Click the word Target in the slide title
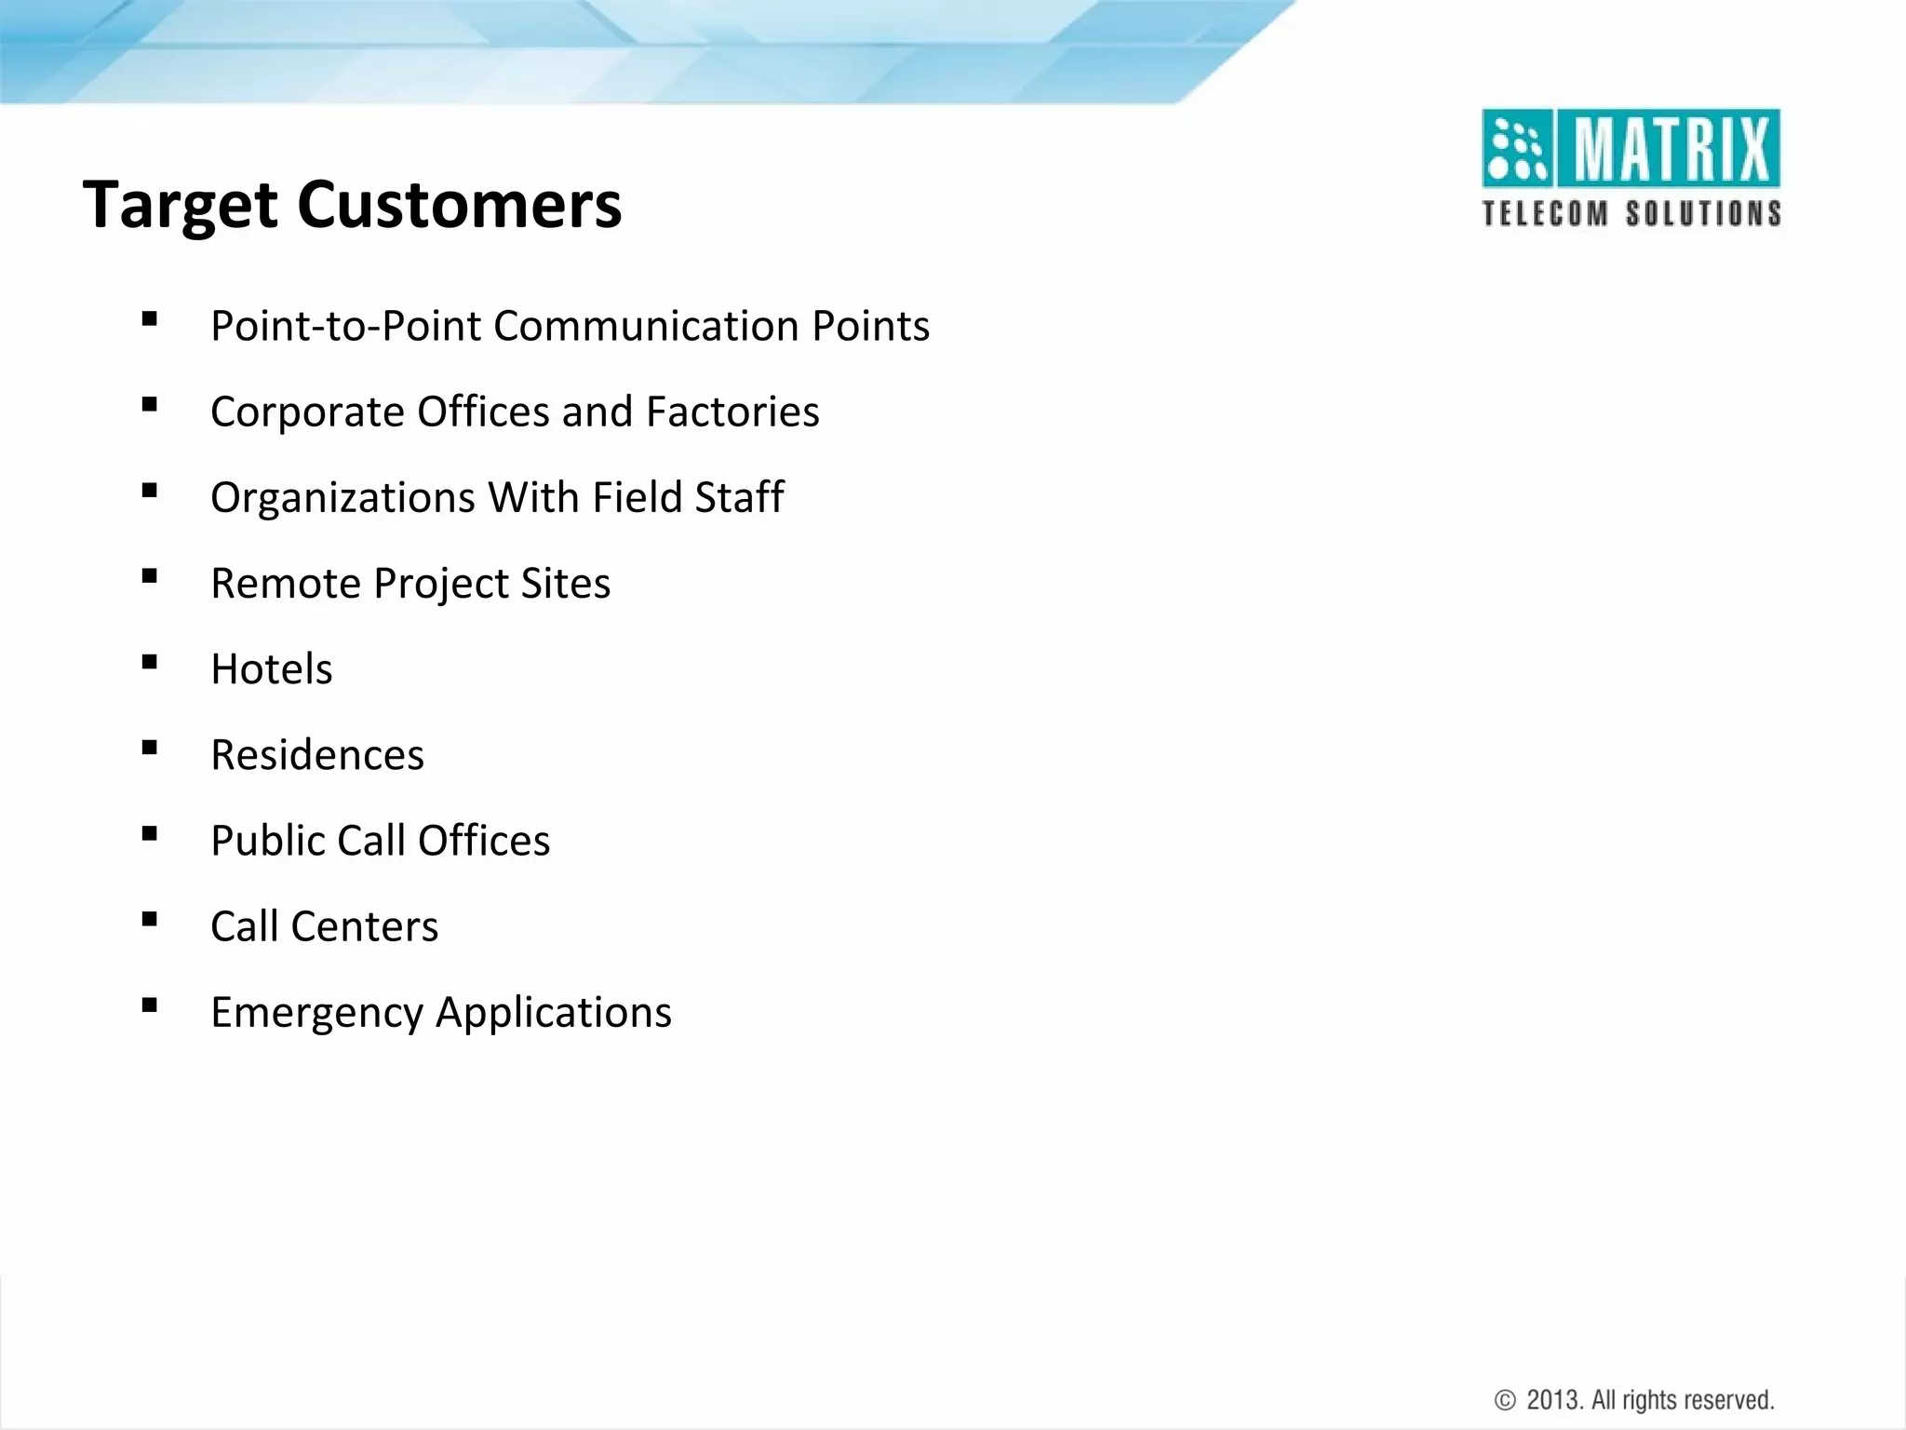coord(179,206)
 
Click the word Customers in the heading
coord(459,204)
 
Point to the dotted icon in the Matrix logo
coord(1517,149)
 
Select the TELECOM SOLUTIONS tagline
coord(1631,214)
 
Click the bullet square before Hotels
coord(149,663)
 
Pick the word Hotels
coord(272,669)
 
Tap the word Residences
coord(317,755)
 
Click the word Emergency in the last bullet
coord(316,1013)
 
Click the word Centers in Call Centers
coord(364,927)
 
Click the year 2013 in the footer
coord(1553,1400)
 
